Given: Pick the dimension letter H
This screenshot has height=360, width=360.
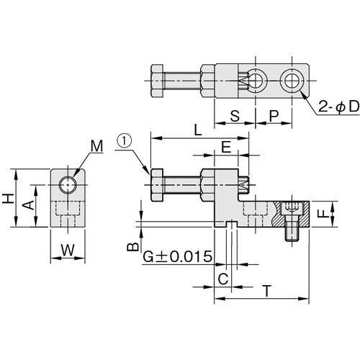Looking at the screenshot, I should click(x=7, y=198).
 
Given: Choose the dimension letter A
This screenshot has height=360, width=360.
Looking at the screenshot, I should click(x=28, y=204).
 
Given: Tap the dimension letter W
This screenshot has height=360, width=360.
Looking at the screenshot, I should click(x=68, y=251).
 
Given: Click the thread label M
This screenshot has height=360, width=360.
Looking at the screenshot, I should click(x=96, y=147).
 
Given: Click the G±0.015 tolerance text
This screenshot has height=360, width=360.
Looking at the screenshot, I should click(x=176, y=257).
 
